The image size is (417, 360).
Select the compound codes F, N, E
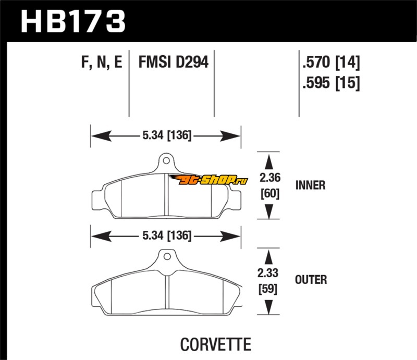click(102, 64)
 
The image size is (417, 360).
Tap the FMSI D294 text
click(173, 64)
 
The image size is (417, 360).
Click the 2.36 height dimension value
click(269, 178)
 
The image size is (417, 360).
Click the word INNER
click(310, 185)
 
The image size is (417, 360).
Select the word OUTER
click(311, 280)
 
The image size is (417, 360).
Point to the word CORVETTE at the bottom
click(215, 345)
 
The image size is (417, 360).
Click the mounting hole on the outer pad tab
click(166, 256)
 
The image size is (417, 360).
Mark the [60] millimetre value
click(269, 194)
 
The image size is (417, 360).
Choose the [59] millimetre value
click(269, 288)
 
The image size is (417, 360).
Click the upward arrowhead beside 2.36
click(269, 160)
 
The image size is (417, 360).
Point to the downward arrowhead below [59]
click(269, 308)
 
